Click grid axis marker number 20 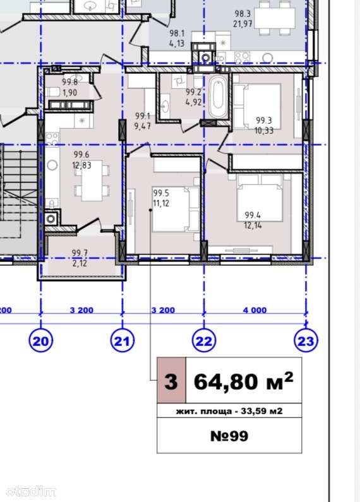(41, 340)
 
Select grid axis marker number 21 (123, 340)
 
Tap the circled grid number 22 (204, 340)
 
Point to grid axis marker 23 (306, 340)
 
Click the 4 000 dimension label (255, 310)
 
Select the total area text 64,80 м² (243, 381)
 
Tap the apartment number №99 (229, 436)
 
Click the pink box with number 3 (171, 381)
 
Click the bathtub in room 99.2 (219, 96)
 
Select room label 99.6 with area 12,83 (82, 160)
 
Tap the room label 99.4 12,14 (253, 220)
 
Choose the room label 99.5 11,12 (161, 198)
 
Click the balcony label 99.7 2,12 (80, 258)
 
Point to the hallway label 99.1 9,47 (143, 121)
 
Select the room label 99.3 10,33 (264, 125)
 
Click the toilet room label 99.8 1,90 (70, 87)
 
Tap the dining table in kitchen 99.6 (92, 180)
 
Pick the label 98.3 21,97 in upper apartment (243, 18)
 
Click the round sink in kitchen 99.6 (52, 165)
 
